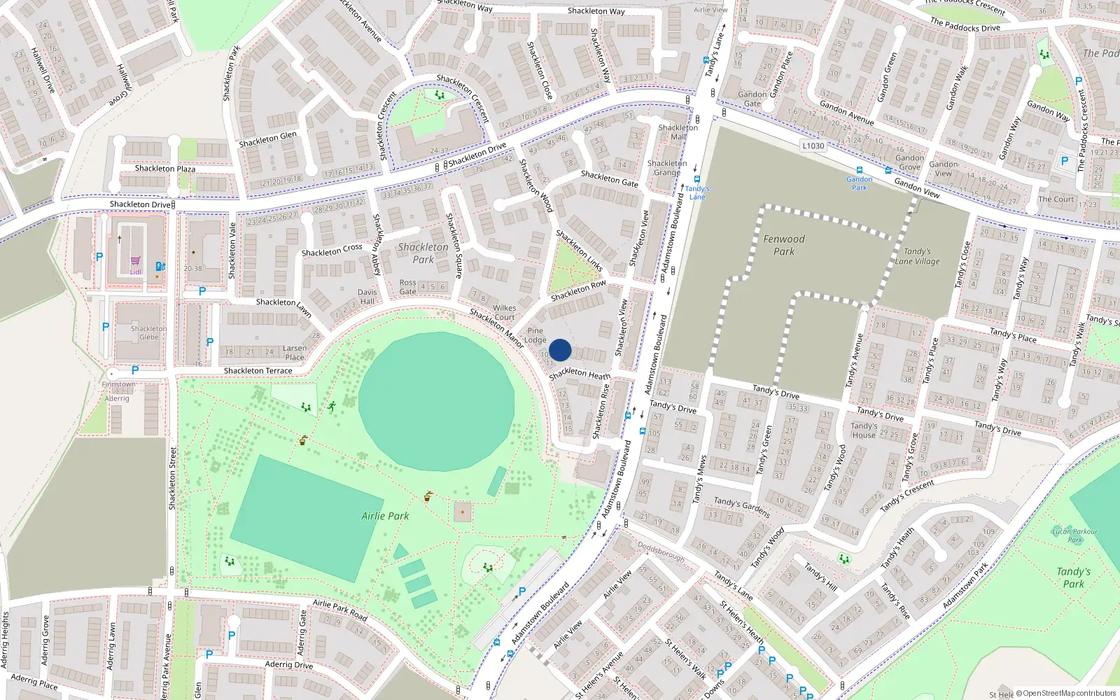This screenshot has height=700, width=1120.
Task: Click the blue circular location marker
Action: click(x=560, y=350)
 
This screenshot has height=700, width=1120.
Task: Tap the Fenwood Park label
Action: click(x=784, y=245)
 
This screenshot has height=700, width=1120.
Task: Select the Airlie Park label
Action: click(x=385, y=516)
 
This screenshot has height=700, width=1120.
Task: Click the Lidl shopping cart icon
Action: click(x=136, y=261)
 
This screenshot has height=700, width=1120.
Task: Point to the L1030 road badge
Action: click(x=813, y=146)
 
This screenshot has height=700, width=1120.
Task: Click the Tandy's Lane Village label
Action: click(x=917, y=256)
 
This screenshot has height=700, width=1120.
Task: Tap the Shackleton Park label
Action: click(x=423, y=253)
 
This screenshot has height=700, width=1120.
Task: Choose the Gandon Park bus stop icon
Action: click(x=859, y=170)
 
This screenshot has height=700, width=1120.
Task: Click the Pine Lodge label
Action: click(x=535, y=335)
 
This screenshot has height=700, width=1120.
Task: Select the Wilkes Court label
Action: click(x=504, y=312)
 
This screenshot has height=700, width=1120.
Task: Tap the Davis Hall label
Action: click(x=367, y=297)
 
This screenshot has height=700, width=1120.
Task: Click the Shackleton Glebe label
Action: click(x=148, y=332)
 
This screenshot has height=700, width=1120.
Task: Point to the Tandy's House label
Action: click(x=864, y=430)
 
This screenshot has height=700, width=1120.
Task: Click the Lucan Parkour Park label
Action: click(x=1075, y=535)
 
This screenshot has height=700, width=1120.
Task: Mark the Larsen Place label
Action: click(x=295, y=352)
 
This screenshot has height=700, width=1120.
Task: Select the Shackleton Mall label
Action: click(x=678, y=132)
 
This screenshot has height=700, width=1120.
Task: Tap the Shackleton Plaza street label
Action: click(x=165, y=169)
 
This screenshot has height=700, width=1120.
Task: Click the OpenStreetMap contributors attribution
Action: click(x=1065, y=694)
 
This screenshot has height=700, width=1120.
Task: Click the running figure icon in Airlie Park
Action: click(x=331, y=406)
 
